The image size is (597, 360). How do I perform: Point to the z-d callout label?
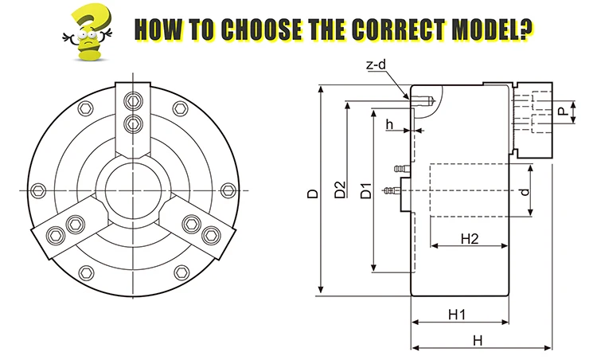tap(377, 65)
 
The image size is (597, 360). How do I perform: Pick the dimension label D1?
tap(366, 191)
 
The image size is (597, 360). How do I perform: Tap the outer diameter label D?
tap(314, 193)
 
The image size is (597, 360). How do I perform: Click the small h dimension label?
tap(390, 124)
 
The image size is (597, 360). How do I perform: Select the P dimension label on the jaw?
tap(563, 112)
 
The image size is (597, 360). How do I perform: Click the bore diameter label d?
tap(524, 192)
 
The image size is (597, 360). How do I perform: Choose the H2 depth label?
tap(469, 238)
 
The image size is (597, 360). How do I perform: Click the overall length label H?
tap(478, 340)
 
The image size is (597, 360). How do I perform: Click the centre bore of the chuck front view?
tap(133, 189)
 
